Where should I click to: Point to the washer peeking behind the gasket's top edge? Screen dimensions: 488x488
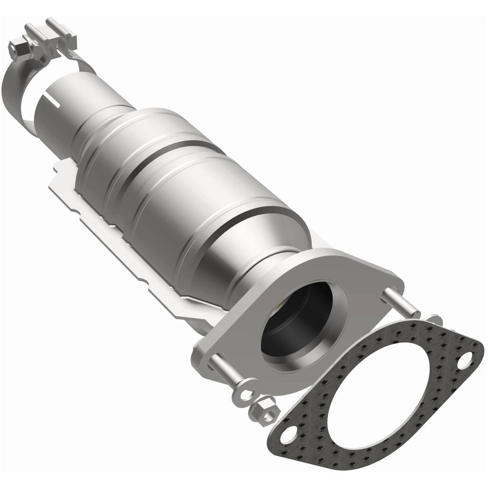click(x=434, y=318)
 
